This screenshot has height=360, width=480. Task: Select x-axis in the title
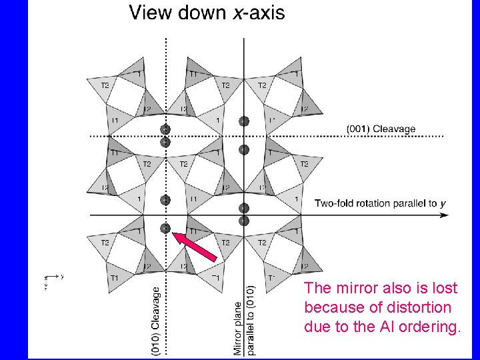(x=259, y=13)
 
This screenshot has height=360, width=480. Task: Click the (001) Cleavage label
(x=381, y=129)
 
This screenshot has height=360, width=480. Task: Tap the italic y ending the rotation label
(x=443, y=203)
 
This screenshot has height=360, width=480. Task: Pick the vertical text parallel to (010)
(x=250, y=321)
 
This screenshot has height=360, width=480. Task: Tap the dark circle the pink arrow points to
(x=165, y=228)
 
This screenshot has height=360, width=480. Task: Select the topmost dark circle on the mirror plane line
(x=244, y=121)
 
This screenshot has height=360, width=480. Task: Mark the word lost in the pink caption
(x=445, y=289)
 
